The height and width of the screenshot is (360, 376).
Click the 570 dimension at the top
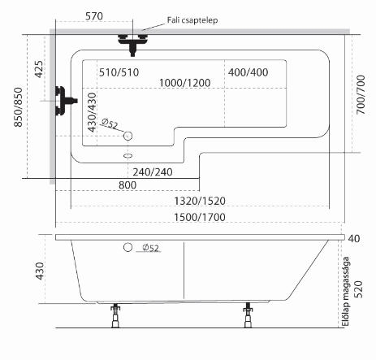pos(94,16)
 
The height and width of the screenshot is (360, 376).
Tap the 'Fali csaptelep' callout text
pos(192,20)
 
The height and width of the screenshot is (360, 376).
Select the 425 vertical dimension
pos(39,69)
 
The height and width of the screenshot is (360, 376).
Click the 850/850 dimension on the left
pos(18,107)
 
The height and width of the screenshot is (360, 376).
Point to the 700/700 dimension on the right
pos(361,94)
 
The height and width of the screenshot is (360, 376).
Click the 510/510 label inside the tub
pos(119,72)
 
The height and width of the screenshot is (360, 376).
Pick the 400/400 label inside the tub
pos(248,72)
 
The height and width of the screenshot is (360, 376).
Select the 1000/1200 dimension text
pos(184,83)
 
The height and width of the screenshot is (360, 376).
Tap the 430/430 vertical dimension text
pos(93,112)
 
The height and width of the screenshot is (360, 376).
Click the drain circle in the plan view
pos(127,136)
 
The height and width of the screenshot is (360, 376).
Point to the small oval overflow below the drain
pos(127,156)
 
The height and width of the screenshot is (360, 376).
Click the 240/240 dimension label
pos(153,172)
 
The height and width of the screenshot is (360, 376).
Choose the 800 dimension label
pos(127,185)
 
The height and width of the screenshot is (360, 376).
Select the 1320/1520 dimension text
pos(200,201)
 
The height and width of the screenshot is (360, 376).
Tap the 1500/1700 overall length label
pos(200,217)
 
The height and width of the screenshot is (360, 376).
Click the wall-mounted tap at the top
pos(132,43)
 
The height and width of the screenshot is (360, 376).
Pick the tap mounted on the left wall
pos(65,101)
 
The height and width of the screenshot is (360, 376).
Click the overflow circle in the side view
pos(127,247)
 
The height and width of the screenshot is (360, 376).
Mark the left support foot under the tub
pos(115,316)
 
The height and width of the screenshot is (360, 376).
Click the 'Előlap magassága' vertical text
pos(346,292)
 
